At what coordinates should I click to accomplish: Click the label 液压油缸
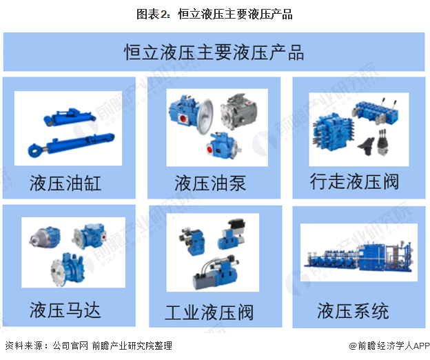(x=65, y=183)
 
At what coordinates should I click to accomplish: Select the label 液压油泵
(x=210, y=183)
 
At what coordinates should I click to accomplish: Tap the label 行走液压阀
(x=354, y=181)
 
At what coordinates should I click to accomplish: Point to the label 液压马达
(x=65, y=310)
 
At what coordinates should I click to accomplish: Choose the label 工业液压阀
(x=209, y=312)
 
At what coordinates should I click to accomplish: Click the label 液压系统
(x=353, y=311)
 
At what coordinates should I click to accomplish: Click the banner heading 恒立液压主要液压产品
(x=214, y=52)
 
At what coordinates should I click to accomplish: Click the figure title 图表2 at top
(x=214, y=14)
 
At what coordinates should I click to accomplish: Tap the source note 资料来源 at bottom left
(x=89, y=346)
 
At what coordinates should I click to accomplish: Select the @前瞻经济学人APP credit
(x=389, y=346)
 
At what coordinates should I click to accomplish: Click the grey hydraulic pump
(x=238, y=111)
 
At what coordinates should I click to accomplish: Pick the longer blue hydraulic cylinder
(x=71, y=145)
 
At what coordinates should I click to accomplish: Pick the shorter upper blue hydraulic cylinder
(x=70, y=117)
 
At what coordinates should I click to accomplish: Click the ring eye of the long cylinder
(x=35, y=150)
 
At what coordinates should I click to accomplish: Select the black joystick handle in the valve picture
(x=366, y=145)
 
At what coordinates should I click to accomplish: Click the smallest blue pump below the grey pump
(x=223, y=146)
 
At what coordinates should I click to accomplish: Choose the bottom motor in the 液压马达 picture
(x=68, y=269)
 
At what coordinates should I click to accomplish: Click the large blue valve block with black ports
(x=332, y=132)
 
